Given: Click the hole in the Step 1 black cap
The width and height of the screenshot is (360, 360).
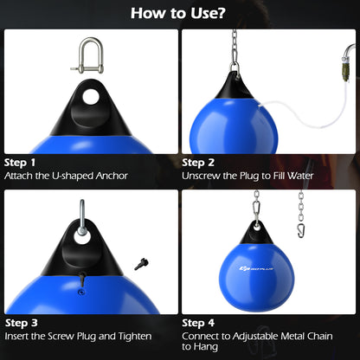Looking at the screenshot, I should [x=88, y=95].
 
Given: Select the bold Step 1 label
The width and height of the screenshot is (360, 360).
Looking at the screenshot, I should [x=21, y=162].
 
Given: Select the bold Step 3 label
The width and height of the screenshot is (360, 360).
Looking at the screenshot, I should [x=21, y=321].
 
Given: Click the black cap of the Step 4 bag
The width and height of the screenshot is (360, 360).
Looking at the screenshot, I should [x=258, y=231].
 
